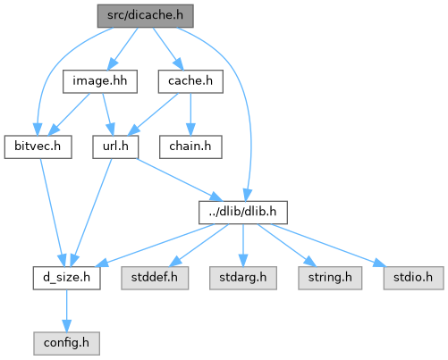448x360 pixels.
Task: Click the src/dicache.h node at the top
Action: pos(146,16)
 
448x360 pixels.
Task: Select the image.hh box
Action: pos(100,81)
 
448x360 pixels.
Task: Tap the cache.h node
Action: pos(190,81)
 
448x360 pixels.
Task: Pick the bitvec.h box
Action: pos(38,147)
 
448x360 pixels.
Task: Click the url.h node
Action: pos(115,147)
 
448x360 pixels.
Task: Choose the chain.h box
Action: pos(190,147)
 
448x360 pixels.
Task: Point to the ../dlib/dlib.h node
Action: pos(243,213)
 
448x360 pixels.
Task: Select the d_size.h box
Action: pos(66,278)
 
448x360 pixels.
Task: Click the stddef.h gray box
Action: pos(155,278)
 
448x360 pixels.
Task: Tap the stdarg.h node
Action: pos(243,278)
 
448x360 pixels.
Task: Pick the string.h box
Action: pos(330,278)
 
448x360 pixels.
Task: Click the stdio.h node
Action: pos(413,278)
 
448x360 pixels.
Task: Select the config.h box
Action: pos(66,343)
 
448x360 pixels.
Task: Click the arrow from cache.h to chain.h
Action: pos(190,114)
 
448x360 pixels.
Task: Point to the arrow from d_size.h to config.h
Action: pos(66,311)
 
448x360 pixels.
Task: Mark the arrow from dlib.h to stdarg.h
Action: pos(243,246)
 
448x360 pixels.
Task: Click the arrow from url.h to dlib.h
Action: pos(180,180)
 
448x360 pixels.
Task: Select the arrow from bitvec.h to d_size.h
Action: pos(53,213)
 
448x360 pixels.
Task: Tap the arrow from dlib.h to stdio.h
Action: pos(328,246)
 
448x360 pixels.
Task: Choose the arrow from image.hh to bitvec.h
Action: pos(69,114)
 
